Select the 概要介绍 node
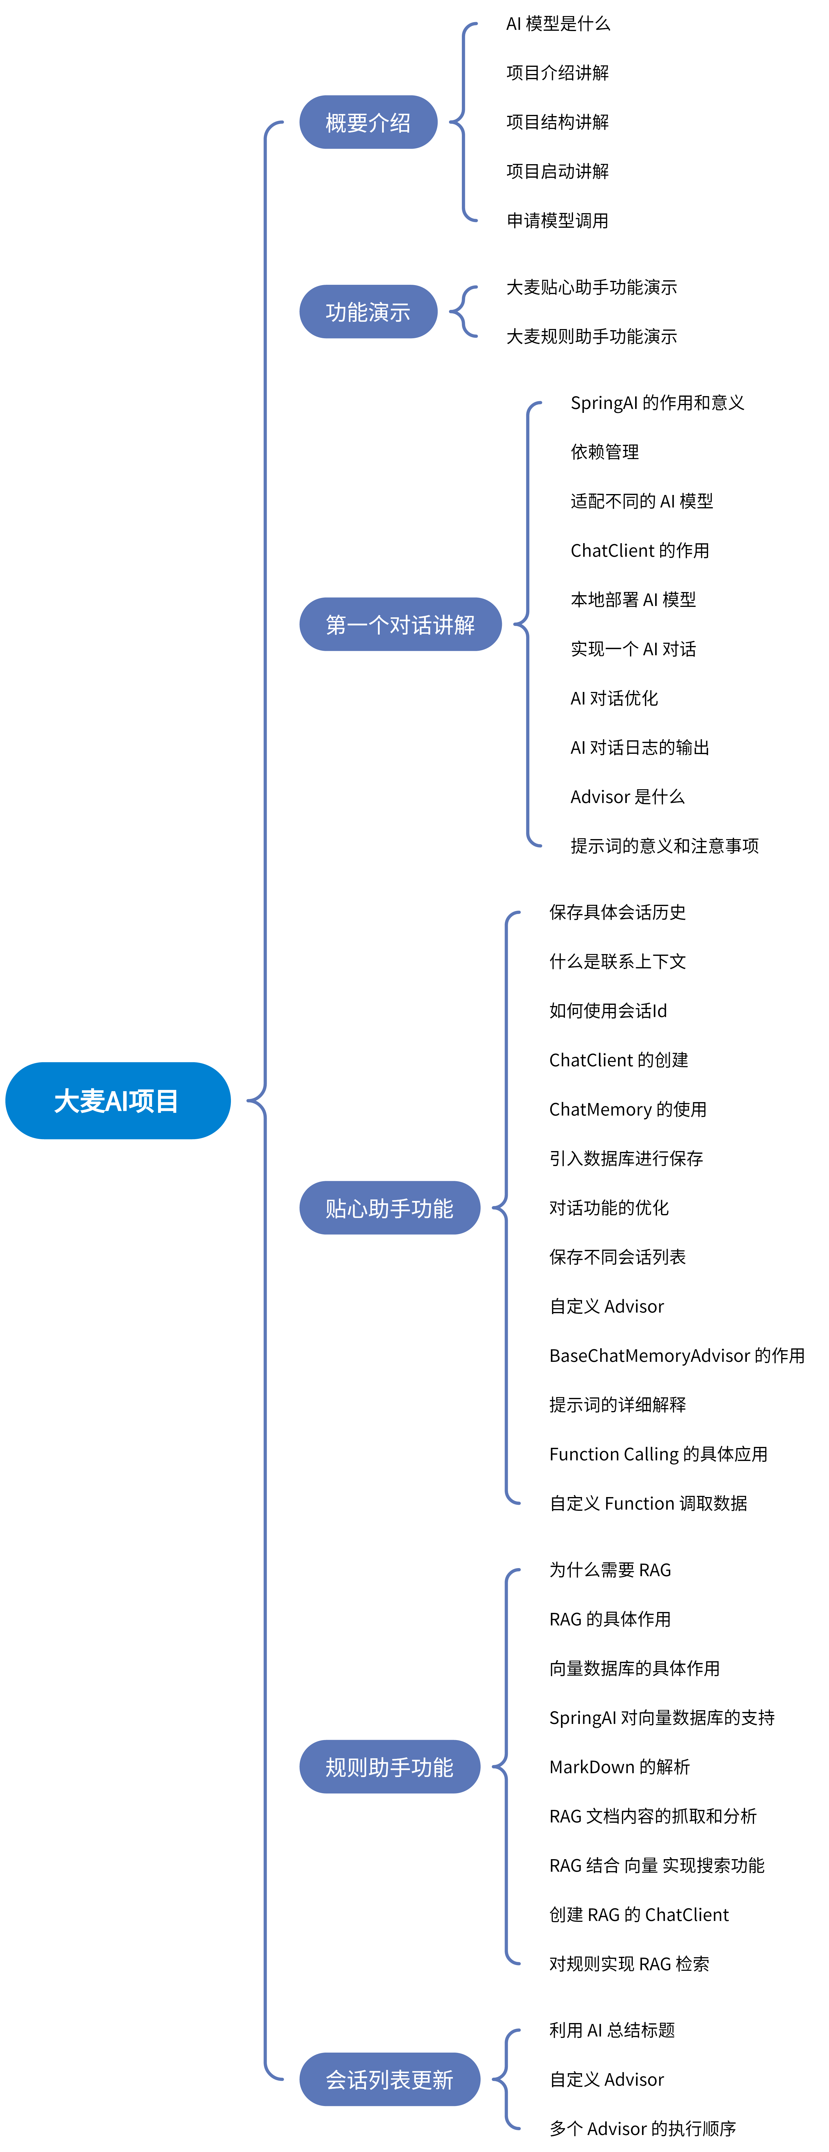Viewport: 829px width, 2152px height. (x=368, y=123)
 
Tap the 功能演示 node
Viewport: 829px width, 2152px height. (x=368, y=312)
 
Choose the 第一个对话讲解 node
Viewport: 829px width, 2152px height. (x=400, y=624)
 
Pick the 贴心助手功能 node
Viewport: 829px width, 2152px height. (x=390, y=1208)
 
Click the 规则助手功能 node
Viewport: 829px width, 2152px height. (x=390, y=1767)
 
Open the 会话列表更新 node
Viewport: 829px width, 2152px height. (x=390, y=2079)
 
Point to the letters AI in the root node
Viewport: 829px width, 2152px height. (x=116, y=1101)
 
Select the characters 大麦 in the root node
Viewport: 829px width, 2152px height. (x=79, y=1101)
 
